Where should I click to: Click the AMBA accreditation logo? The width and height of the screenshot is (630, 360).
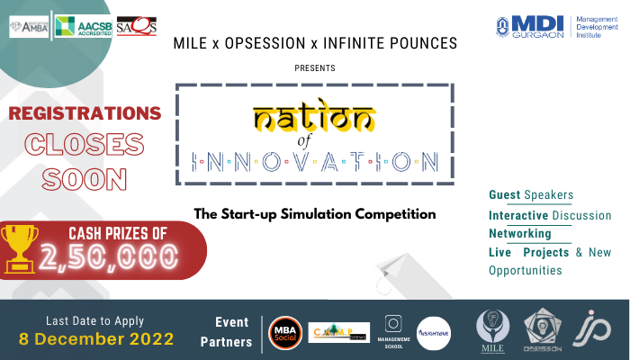30,27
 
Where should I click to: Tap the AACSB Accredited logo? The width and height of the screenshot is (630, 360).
82,27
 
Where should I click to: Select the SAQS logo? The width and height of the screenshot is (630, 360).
136,27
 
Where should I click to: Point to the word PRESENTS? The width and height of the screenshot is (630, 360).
315,67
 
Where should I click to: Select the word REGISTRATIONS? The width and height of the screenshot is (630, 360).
85,113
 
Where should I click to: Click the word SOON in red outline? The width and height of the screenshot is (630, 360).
83,180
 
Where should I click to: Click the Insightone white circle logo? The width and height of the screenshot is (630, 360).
434,332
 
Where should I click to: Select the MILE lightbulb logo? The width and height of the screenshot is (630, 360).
494,328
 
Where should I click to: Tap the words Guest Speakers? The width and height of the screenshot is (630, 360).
531,194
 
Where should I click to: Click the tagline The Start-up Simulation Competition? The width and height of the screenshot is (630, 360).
314,214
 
